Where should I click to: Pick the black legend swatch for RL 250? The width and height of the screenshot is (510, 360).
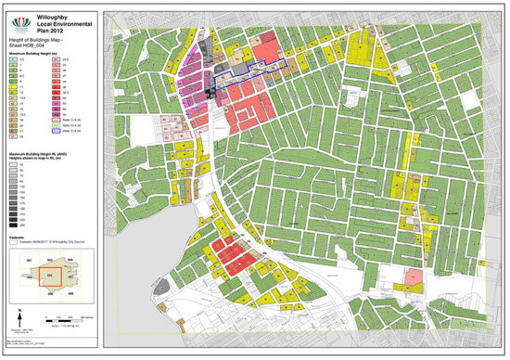pyautogui.click(x=15, y=225)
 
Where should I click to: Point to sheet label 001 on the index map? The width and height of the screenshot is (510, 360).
pyautogui.click(x=29, y=258)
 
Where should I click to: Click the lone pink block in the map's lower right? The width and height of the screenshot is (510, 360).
pyautogui.click(x=411, y=278)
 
